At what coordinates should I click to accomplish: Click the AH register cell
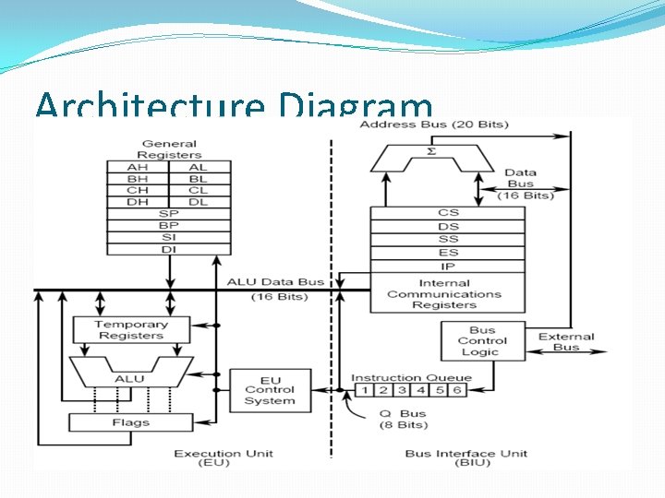[138, 168]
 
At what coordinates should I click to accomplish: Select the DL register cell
[199, 202]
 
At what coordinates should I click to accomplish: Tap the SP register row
[168, 213]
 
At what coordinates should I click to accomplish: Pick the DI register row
[168, 248]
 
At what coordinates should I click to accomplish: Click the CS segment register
[448, 213]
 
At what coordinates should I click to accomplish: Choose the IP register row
[448, 267]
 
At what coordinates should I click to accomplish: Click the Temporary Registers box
[131, 330]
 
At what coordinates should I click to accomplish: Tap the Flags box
[131, 422]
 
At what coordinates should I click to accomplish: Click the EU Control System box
[270, 390]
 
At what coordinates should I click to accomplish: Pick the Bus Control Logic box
[482, 341]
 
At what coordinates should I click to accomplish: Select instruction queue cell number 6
[456, 390]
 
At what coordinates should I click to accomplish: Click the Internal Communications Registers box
[448, 294]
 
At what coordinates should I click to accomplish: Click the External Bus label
[566, 342]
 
